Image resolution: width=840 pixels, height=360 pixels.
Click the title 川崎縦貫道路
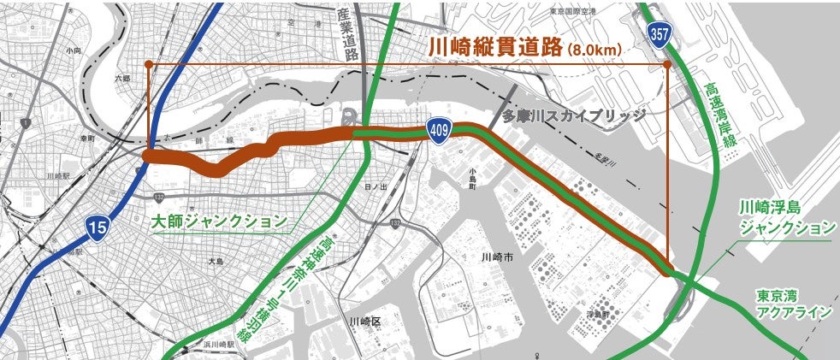coord(494,47)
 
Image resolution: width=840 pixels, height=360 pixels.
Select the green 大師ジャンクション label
coord(219,221)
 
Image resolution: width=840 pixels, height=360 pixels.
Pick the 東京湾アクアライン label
coord(794,304)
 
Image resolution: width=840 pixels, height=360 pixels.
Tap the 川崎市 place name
coord(496,257)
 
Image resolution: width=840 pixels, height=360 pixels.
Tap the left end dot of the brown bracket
coord(149,64)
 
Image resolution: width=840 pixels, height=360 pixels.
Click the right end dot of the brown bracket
coord(667,64)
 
